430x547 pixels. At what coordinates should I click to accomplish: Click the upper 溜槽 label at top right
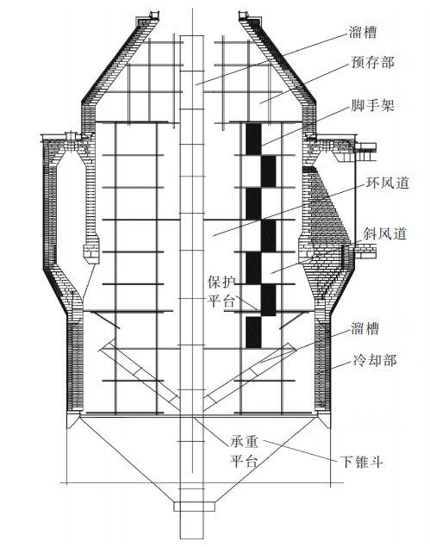point(363,33)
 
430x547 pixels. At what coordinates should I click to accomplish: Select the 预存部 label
point(372,62)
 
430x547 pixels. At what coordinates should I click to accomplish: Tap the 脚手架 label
point(373,104)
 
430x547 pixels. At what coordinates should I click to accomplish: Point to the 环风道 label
point(387,183)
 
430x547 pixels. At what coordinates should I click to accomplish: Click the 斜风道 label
point(385,233)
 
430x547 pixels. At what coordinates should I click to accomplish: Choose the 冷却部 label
point(375,360)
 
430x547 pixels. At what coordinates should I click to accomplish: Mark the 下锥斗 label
point(362,462)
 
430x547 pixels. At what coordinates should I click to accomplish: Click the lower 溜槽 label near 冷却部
point(365,328)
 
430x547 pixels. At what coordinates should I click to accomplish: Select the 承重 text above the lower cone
point(244,442)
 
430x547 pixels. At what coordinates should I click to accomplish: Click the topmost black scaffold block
point(253,139)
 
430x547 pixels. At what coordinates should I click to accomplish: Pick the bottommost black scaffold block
point(253,333)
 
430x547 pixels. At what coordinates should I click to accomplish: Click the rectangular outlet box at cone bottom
point(195,507)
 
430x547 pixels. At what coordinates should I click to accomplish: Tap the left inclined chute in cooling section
point(140,374)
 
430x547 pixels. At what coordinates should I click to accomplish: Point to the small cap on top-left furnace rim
point(153,15)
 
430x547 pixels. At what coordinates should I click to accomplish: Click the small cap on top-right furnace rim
point(243,15)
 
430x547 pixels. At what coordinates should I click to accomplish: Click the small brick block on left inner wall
point(91,253)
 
